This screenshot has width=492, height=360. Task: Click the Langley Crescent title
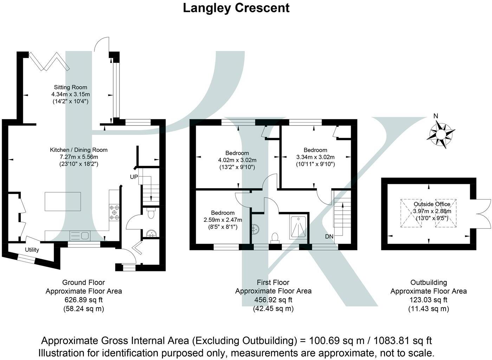coord(236,8)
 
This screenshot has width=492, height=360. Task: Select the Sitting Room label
coord(70,87)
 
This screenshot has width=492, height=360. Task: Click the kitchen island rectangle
coord(63,201)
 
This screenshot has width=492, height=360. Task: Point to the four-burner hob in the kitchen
coord(114,212)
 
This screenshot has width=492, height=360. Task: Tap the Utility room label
coord(32,250)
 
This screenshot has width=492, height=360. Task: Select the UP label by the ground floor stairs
coord(134,177)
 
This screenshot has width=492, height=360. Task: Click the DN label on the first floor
coord(329,237)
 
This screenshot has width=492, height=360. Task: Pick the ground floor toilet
coord(151,214)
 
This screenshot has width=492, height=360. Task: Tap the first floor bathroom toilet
coord(275,238)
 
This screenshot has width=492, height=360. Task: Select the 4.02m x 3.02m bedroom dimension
coord(237,160)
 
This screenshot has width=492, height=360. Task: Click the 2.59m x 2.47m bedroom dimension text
coord(223,220)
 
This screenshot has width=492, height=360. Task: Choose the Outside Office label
coord(432,204)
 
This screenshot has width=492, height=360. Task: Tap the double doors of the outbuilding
coord(481,213)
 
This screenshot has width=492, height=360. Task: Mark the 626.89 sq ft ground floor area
coord(84,300)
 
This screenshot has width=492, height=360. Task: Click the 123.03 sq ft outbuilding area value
coord(428,300)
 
